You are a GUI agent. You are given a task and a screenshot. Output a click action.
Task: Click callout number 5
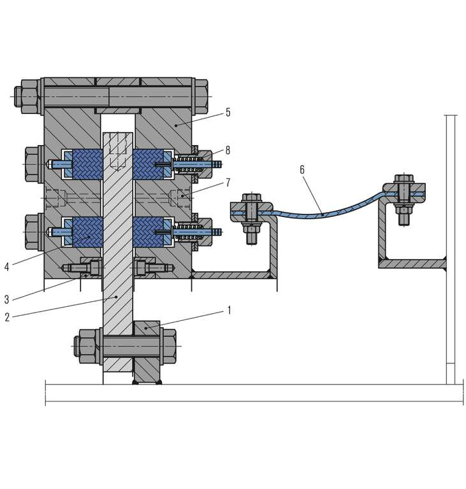click(228, 113)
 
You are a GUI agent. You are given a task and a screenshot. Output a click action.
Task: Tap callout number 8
click(228, 150)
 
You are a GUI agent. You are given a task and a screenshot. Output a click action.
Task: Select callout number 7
click(228, 183)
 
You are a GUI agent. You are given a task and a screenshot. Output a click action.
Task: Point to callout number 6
click(302, 169)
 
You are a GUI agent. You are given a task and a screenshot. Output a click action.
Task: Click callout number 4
click(7, 267)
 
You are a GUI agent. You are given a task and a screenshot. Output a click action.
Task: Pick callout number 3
click(7, 300)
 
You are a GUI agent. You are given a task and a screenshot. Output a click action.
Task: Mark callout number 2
click(7, 318)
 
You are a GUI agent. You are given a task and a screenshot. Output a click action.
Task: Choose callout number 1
click(229, 311)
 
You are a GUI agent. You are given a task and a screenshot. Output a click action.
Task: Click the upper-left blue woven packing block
click(87, 164)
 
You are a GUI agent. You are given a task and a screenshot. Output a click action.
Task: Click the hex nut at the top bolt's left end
click(27, 97)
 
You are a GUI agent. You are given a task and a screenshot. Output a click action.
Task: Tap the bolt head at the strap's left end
click(251, 198)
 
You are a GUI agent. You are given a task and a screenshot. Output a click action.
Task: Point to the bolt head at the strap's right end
click(404, 179)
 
